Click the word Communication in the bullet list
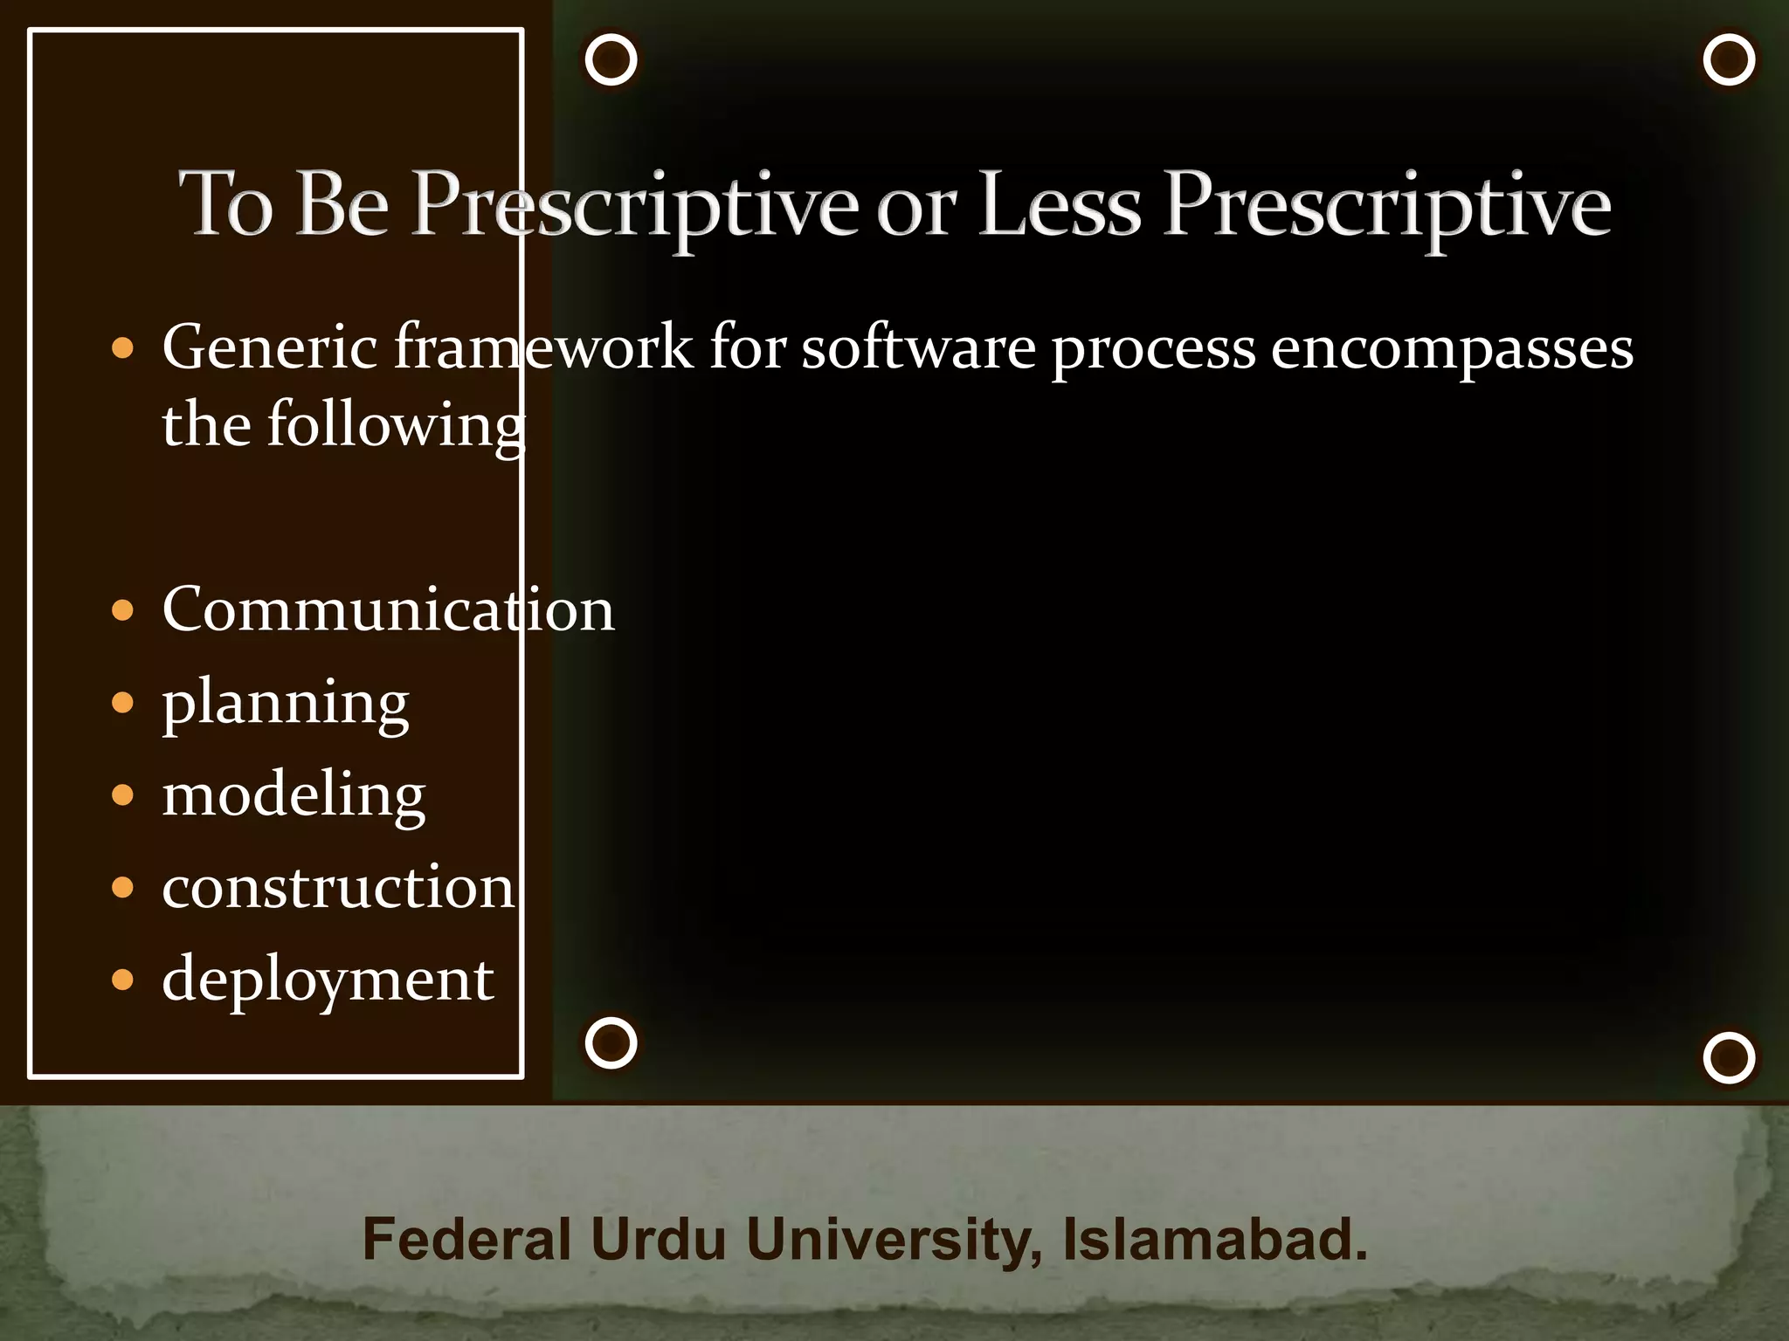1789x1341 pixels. coord(388,609)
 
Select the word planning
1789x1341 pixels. coord(285,703)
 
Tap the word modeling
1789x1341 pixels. coord(294,795)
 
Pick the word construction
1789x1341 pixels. coord(338,887)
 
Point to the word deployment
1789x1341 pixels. coord(328,980)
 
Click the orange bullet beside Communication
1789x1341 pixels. coord(123,610)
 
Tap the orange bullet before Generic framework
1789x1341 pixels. coord(123,349)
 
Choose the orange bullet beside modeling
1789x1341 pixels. coord(123,795)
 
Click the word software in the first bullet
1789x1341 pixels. coord(917,348)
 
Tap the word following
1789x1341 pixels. coord(395,425)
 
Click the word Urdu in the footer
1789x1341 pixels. coord(658,1239)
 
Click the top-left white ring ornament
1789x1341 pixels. coord(611,59)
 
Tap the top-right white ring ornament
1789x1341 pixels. coord(1729,59)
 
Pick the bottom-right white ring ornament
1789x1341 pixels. coord(1729,1057)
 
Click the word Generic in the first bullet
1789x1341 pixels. coord(269,348)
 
